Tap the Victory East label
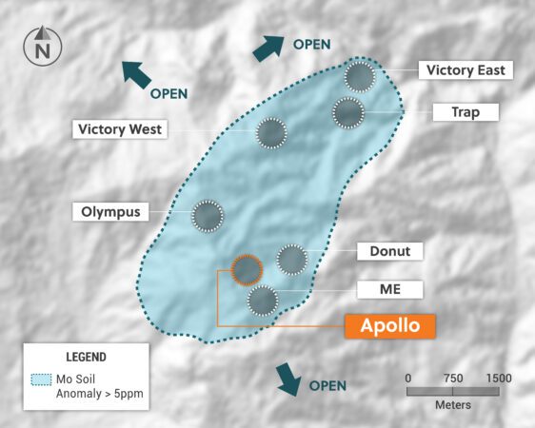469,70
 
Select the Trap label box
466,112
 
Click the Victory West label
120,128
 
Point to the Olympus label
111,211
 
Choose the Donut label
390,251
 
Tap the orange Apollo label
390,326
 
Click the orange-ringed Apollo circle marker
247,271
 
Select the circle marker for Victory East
360,77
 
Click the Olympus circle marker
208,217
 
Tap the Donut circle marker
291,259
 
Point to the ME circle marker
263,301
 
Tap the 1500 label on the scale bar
498,378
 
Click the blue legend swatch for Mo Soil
41,379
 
